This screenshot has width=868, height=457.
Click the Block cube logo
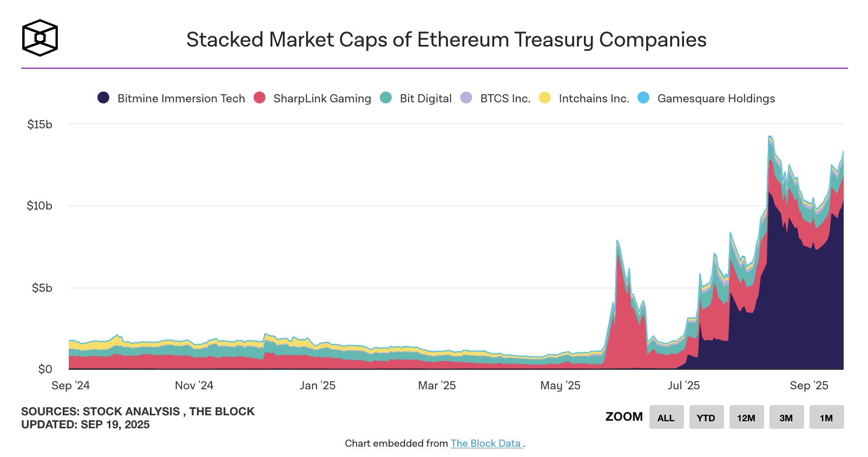click(40, 38)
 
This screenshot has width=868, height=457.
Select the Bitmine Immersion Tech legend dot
click(103, 98)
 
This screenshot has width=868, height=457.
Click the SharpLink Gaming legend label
click(322, 99)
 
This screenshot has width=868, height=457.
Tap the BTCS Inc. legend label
click(505, 99)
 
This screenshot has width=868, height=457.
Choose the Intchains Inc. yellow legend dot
click(545, 98)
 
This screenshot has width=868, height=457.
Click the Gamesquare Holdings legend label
click(716, 99)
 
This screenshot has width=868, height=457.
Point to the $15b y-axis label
click(40, 125)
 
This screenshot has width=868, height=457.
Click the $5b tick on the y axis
click(42, 288)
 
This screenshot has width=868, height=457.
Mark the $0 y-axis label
click(45, 369)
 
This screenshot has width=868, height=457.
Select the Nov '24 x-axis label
click(194, 386)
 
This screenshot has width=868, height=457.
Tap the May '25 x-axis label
click(560, 386)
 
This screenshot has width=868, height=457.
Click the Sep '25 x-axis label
click(808, 386)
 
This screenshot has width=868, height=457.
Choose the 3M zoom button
click(786, 417)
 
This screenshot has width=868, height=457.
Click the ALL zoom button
click(666, 417)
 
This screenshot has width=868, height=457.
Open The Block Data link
click(486, 443)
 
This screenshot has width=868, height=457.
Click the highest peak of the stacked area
click(770, 136)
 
